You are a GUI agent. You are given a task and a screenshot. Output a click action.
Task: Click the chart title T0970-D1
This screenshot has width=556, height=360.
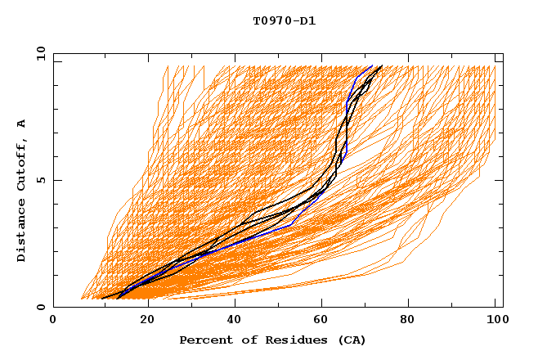coord(284,20)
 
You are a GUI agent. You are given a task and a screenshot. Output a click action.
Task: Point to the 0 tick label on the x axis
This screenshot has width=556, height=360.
coord(53,321)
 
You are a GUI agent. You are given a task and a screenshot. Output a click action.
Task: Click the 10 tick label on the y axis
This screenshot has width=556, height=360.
coord(40,53)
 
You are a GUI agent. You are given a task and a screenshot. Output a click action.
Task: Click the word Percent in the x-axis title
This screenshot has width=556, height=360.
coord(204,340)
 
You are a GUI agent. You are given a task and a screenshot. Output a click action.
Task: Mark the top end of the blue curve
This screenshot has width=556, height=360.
coord(372,66)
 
